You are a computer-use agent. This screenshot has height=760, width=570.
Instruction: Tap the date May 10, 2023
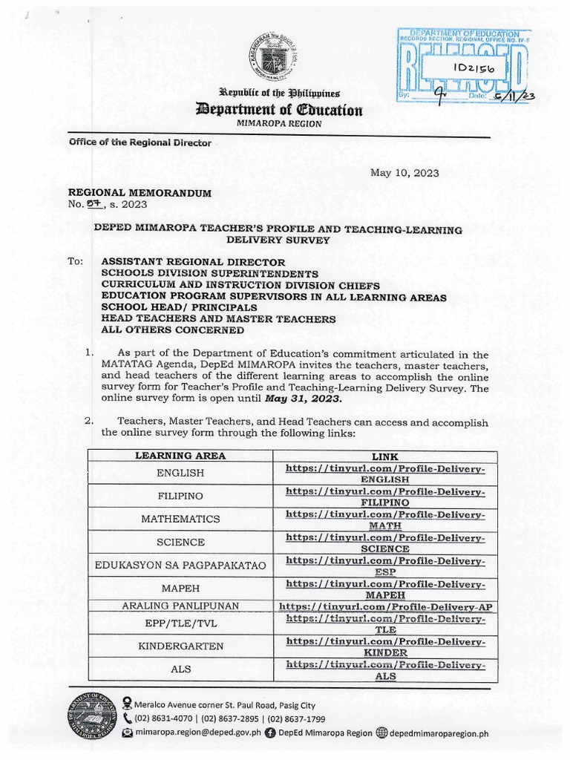pos(404,173)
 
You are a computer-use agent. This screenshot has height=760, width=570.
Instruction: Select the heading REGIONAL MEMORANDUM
pos(140,193)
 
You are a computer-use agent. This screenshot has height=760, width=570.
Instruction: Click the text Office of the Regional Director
pos(140,142)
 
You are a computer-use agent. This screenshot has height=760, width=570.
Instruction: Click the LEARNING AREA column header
pos(180,456)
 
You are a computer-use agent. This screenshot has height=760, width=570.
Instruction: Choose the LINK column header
pos(385,456)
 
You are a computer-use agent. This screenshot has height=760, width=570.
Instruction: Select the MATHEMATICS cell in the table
pos(180,518)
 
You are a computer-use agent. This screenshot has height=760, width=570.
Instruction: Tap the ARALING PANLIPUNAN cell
pos(180,606)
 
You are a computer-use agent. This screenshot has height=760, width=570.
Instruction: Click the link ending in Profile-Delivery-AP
pos(385,606)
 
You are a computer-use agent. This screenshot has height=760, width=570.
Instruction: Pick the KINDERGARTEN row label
pos(180,646)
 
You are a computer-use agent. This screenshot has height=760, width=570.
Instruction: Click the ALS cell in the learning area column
pos(180,669)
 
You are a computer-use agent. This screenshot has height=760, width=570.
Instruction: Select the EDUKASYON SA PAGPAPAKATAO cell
pos(180,566)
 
